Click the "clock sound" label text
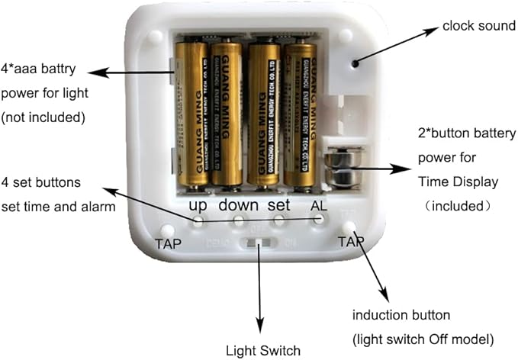pos(478,27)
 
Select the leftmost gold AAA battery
pos(191,113)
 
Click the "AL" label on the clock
pos(319,206)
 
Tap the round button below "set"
pos(279,220)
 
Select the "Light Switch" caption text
pos(262,351)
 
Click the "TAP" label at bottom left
pos(168,244)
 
